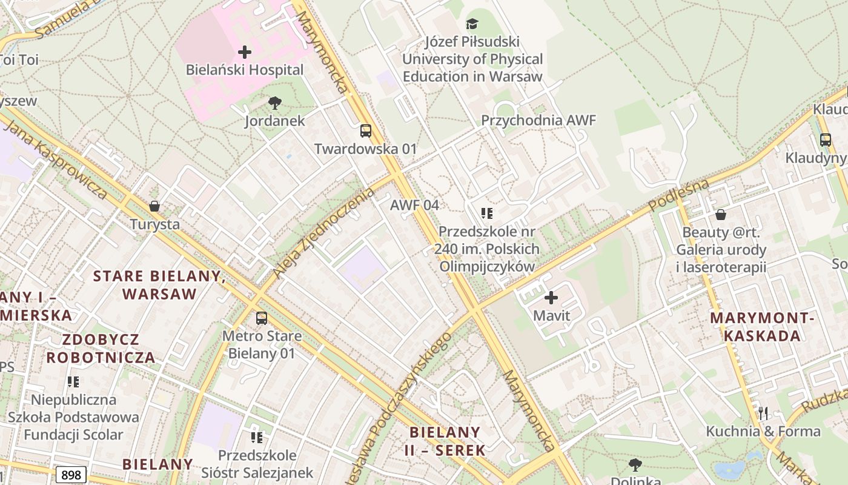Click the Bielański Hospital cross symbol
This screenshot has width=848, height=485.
click(245, 52)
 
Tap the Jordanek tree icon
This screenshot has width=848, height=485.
click(275, 103)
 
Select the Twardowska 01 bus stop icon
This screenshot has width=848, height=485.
click(366, 131)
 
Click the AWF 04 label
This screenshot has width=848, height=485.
click(414, 205)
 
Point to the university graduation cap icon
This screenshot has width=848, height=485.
click(472, 24)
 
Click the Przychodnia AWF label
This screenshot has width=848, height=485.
click(538, 120)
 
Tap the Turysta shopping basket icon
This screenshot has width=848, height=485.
click(154, 207)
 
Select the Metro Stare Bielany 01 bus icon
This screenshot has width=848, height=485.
click(261, 318)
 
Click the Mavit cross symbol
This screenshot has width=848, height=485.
click(551, 298)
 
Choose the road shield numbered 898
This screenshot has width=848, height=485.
click(71, 475)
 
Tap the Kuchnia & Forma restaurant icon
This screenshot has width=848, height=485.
click(763, 414)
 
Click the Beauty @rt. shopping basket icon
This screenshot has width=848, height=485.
click(721, 215)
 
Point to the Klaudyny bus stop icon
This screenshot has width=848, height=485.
click(826, 140)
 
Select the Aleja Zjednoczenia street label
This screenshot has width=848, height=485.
click(324, 233)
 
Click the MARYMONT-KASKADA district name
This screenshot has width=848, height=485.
click(763, 327)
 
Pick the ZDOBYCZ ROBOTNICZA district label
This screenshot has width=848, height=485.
click(101, 348)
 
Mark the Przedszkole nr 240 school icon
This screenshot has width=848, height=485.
click(487, 213)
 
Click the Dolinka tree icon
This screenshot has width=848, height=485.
click(635, 465)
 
